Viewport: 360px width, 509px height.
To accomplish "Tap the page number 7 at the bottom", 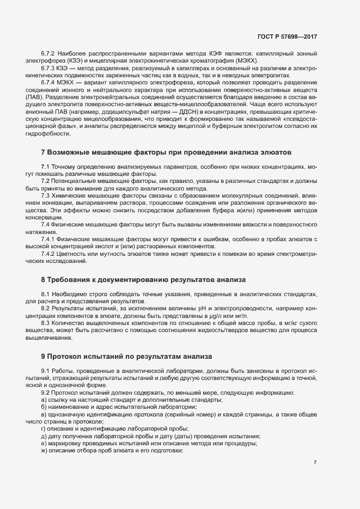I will (315, 462).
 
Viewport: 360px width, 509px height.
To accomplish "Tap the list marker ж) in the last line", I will (44, 451).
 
